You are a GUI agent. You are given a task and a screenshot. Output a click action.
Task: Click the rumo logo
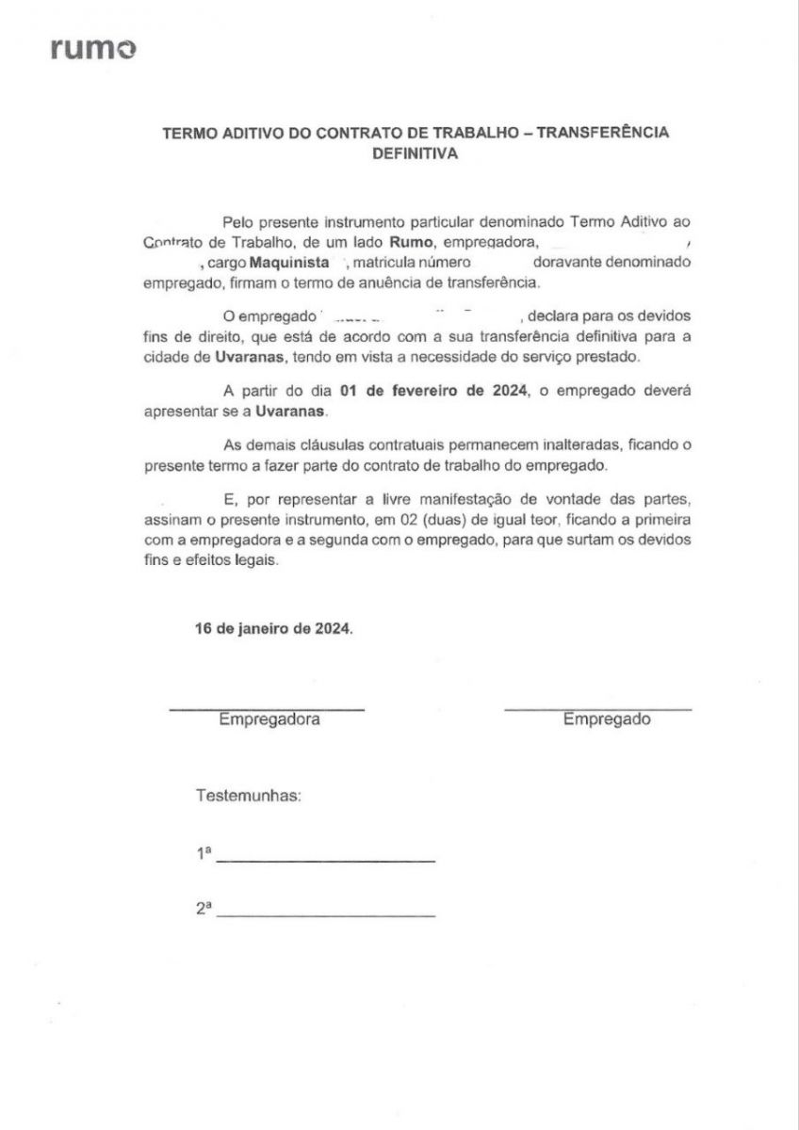tap(93, 50)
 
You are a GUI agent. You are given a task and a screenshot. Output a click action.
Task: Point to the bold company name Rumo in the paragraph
tap(411, 242)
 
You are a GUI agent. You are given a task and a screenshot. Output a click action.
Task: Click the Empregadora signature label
tap(269, 719)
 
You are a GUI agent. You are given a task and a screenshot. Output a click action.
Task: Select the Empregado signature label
tap(607, 719)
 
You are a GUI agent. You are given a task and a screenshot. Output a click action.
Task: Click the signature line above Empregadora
tap(267, 708)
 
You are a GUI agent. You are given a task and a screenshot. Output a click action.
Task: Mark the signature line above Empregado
tap(598, 708)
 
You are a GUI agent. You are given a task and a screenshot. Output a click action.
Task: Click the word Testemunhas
tap(249, 796)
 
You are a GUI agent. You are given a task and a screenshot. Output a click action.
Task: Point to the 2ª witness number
tap(204, 909)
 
